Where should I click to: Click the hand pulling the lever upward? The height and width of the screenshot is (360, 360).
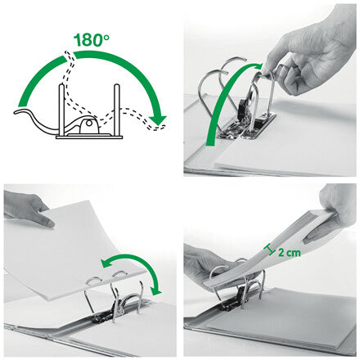(315, 49)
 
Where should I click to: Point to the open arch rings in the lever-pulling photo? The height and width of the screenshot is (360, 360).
(237, 82)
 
